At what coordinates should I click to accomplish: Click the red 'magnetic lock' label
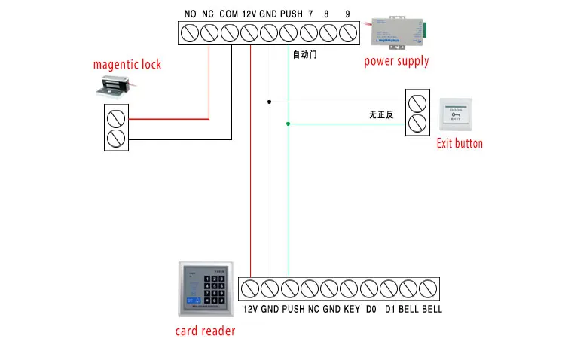127,65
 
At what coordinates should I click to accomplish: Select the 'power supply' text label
396,61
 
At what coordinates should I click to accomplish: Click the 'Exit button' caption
460,143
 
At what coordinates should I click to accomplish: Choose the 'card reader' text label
205,331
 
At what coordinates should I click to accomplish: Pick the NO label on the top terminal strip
190,14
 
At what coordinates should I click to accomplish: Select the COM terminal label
228,14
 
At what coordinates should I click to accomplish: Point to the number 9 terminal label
347,14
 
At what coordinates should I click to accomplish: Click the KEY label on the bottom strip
352,310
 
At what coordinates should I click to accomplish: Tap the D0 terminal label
371,310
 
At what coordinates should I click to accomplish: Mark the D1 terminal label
390,310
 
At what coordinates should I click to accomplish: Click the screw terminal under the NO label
190,33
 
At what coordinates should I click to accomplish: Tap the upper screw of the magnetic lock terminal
115,118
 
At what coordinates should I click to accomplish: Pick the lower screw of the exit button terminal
417,123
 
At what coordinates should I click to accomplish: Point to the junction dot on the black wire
269,101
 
